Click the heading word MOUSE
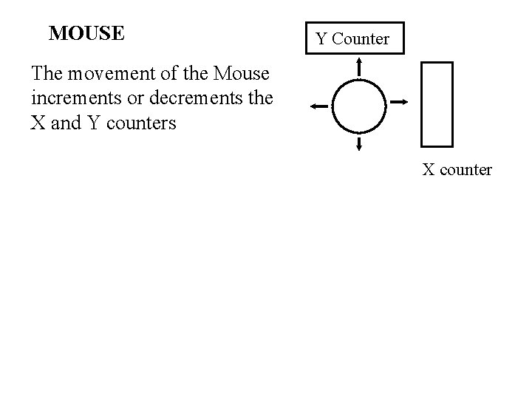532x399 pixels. pyautogui.click(x=86, y=34)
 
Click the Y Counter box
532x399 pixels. pyautogui.click(x=353, y=38)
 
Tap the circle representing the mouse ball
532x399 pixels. pyautogui.click(x=359, y=105)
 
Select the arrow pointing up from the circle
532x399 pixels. pyautogui.click(x=359, y=67)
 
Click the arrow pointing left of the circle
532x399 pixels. pyautogui.click(x=320, y=106)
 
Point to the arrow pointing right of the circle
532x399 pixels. pyautogui.click(x=398, y=101)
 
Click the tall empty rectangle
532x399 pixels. pyautogui.click(x=436, y=104)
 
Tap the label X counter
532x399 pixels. pyautogui.click(x=457, y=170)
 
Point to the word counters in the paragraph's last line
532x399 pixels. pyautogui.click(x=142, y=123)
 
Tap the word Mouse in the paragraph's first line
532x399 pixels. pyautogui.click(x=240, y=74)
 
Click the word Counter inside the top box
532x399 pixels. pyautogui.click(x=361, y=38)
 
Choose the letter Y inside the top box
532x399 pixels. pyautogui.click(x=322, y=38)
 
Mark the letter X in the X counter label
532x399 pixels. pyautogui.click(x=428, y=170)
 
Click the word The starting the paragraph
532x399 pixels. pyautogui.click(x=46, y=74)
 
